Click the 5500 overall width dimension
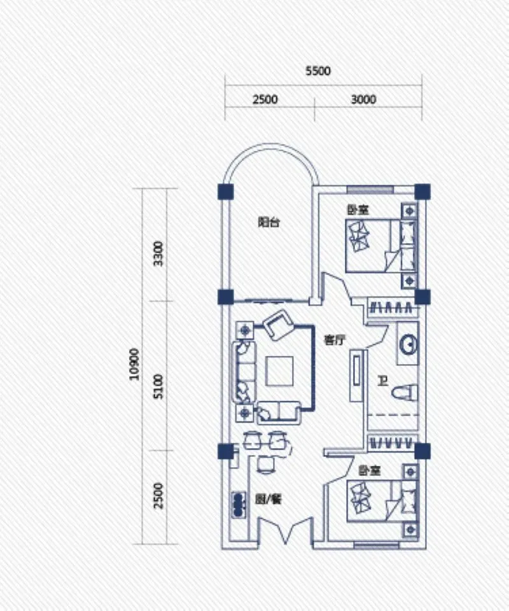coord(317,71)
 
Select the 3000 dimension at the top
coord(363,99)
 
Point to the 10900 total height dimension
coord(134,364)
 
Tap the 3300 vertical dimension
coord(158,254)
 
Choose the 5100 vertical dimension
coord(158,386)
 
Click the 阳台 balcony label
coord(269,223)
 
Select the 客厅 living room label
coord(335,340)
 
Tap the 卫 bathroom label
coord(383,381)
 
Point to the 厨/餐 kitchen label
coord(268,499)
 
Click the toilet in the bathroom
coord(405,392)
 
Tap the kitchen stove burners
coord(238,505)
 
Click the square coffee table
coord(279,371)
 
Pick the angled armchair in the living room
coord(278,325)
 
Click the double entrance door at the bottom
coord(286,530)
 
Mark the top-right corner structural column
coord(422,192)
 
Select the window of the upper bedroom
coord(370,190)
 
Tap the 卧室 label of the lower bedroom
coord(369,471)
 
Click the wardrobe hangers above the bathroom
coord(391,308)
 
